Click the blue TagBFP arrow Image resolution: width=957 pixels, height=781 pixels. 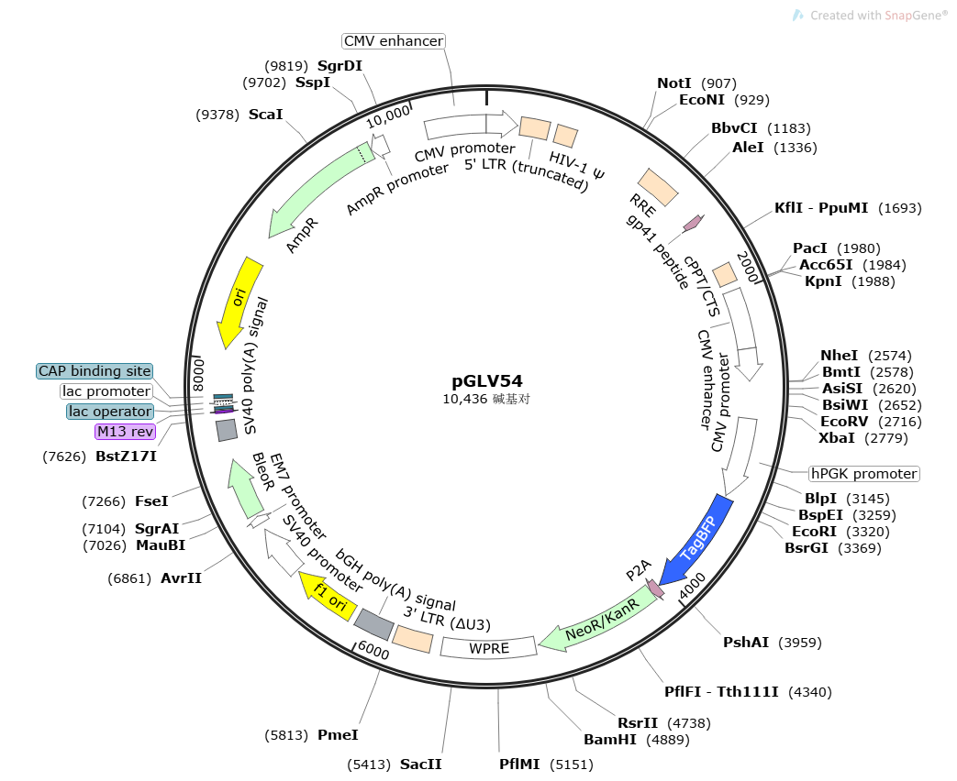[702, 541]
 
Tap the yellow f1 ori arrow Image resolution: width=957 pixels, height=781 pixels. [326, 597]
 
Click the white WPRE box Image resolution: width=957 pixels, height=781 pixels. [488, 648]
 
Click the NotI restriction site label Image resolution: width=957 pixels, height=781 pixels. [674, 83]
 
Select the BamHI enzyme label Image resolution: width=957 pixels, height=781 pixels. [611, 740]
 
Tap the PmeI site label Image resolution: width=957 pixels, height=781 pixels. [338, 734]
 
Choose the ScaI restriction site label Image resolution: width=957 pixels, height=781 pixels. [266, 115]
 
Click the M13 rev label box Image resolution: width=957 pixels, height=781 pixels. [126, 432]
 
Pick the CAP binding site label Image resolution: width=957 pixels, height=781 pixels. [95, 371]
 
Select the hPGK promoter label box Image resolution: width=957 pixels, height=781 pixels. [863, 474]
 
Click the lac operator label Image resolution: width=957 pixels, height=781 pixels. [110, 412]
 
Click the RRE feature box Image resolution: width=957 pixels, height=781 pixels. [658, 187]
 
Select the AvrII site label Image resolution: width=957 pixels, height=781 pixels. [181, 578]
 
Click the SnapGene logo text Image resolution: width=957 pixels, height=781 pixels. [915, 16]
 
